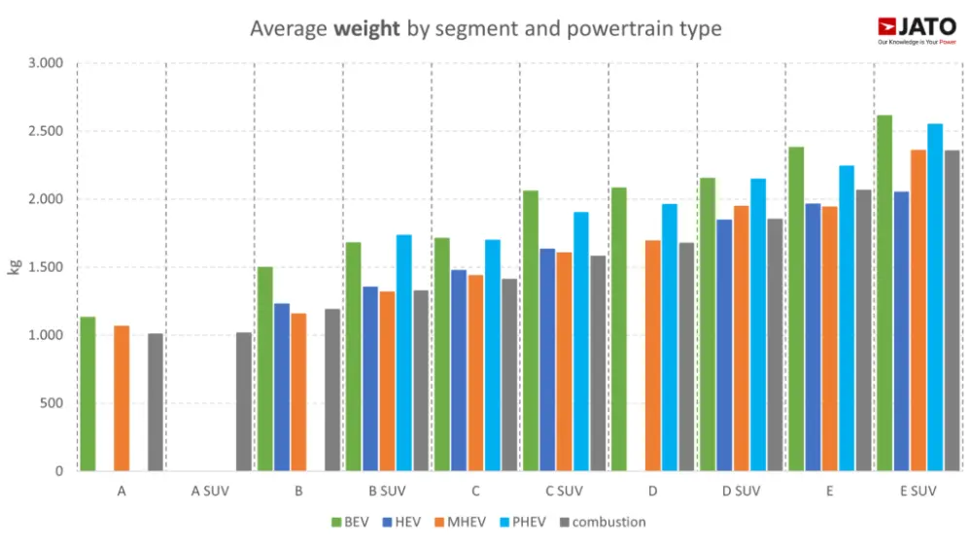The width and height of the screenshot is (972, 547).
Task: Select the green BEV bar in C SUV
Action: point(531,330)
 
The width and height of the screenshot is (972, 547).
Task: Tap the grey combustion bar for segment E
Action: point(863,330)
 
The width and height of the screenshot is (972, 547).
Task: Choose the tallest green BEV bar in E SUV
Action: point(885,292)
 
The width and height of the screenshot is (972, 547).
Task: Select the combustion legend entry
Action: point(602,522)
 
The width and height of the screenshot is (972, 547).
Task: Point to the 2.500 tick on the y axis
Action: point(45,131)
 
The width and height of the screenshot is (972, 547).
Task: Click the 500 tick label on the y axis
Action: point(50,403)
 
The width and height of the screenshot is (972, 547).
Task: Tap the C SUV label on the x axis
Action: point(564,492)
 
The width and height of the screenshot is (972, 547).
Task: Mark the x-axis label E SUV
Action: point(919,492)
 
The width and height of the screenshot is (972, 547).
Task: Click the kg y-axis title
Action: point(15,266)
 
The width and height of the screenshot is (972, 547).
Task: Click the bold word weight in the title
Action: point(366,28)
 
